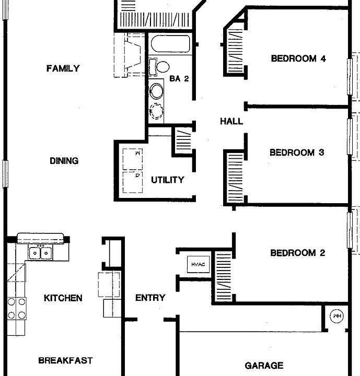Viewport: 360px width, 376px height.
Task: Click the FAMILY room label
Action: [x=63, y=68]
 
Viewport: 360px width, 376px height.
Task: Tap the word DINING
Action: [x=64, y=161]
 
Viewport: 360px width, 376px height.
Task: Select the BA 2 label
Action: [x=179, y=79]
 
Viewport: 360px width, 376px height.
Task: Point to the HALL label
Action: [x=231, y=121]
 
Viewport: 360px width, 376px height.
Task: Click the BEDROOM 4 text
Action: [x=298, y=58]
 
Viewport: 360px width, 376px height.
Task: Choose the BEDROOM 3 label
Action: [x=297, y=152]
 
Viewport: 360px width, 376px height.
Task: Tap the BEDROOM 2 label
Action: [x=297, y=253]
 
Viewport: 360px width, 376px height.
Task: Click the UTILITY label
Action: [x=167, y=180]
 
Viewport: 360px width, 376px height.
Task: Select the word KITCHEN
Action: [x=63, y=298]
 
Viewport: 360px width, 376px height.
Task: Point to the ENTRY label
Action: [x=150, y=298]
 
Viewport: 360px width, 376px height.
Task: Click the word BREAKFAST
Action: [x=65, y=360]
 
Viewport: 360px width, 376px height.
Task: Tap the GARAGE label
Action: [x=264, y=366]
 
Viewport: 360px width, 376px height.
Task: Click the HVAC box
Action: [x=198, y=265]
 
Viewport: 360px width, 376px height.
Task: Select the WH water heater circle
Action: [x=335, y=316]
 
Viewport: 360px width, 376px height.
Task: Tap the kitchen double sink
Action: [x=40, y=253]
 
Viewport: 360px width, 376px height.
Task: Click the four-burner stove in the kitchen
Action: [x=16, y=308]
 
